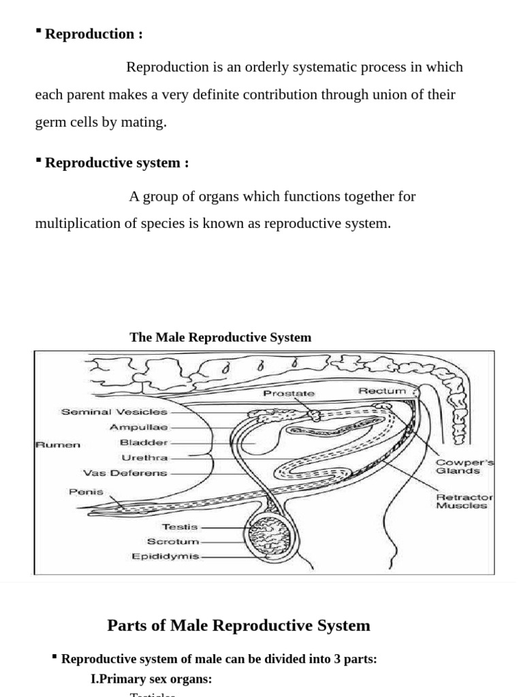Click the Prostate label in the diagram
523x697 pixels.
point(289,393)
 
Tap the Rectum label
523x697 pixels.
point(382,391)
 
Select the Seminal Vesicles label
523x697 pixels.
point(114,412)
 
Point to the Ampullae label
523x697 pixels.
point(139,427)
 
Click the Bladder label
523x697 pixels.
point(144,443)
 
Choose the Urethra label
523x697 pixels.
point(144,458)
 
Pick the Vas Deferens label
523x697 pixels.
point(125,473)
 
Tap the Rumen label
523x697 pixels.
point(58,444)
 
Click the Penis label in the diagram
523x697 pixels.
point(86,491)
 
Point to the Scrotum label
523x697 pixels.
point(174,542)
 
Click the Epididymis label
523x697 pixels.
point(165,557)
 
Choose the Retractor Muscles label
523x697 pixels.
point(464,501)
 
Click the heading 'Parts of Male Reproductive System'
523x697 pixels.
point(238,626)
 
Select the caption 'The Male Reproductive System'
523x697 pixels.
point(220,337)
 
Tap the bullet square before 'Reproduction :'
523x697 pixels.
point(39,31)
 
